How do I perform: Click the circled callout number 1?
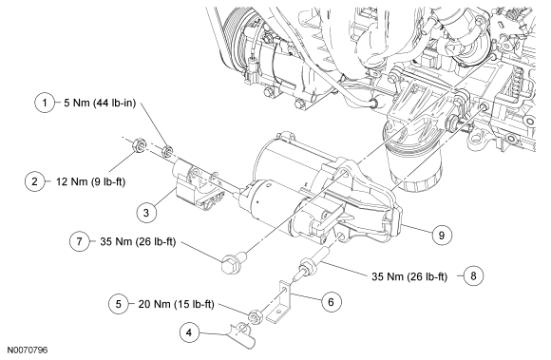[x=45, y=103]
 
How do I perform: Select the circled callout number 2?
[x=35, y=181]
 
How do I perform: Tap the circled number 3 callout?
[x=146, y=213]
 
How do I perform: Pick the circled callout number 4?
[x=189, y=332]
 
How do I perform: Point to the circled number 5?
[x=119, y=304]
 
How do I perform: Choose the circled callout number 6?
[x=331, y=302]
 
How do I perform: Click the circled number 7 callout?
[x=80, y=241]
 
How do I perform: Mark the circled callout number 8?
[x=473, y=275]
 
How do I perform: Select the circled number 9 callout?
[x=442, y=235]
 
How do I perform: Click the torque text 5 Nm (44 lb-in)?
[x=100, y=103]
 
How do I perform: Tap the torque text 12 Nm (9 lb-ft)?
[x=90, y=181]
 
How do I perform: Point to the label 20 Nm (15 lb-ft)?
[x=176, y=304]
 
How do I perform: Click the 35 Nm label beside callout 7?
[x=138, y=241]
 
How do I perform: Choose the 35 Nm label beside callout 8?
[x=409, y=276]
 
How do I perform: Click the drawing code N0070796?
[x=28, y=351]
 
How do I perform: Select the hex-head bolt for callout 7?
[x=235, y=260]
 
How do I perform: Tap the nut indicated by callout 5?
[x=256, y=317]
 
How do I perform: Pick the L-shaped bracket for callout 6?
[x=280, y=302]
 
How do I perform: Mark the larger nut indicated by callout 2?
[x=139, y=145]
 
